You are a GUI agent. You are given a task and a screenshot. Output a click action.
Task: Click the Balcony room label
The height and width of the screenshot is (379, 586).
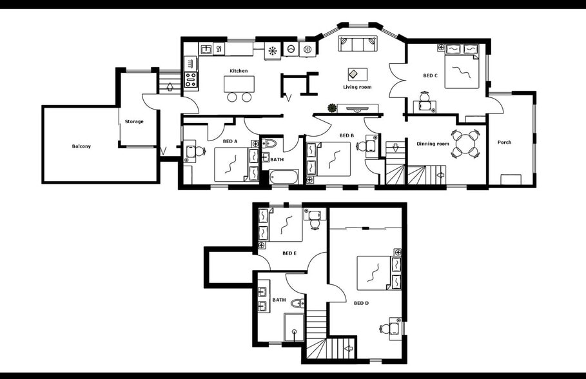81,146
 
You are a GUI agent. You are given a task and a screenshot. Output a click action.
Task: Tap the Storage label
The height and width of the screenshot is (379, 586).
134,121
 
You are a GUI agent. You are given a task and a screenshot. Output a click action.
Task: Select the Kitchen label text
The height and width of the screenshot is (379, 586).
239,71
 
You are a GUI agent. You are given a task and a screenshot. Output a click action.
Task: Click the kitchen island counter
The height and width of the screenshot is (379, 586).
239,84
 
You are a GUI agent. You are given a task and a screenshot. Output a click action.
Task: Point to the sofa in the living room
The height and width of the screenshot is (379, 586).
358,44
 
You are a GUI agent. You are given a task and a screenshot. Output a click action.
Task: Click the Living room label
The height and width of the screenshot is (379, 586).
357,87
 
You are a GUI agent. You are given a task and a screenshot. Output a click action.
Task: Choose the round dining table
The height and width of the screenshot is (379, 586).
465,144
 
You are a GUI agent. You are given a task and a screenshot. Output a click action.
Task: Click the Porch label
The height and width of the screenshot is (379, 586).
504,142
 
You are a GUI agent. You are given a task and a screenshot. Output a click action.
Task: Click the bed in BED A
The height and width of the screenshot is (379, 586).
231,164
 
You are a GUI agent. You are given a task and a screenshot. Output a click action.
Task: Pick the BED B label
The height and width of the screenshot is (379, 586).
347,135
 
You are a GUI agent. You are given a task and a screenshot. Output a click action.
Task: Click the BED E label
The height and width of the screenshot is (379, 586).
289,253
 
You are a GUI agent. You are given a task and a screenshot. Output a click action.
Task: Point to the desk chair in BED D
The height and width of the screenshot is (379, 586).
385,329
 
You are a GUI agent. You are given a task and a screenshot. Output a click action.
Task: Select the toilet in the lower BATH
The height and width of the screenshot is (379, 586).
297,303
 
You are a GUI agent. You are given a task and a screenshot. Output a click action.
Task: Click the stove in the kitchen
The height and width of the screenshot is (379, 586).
191,79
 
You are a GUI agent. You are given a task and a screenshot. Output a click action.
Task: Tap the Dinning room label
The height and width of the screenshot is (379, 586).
433,144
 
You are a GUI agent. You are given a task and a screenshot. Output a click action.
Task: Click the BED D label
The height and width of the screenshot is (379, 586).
361,302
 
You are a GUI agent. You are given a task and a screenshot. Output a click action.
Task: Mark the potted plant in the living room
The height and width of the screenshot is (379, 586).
332,108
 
